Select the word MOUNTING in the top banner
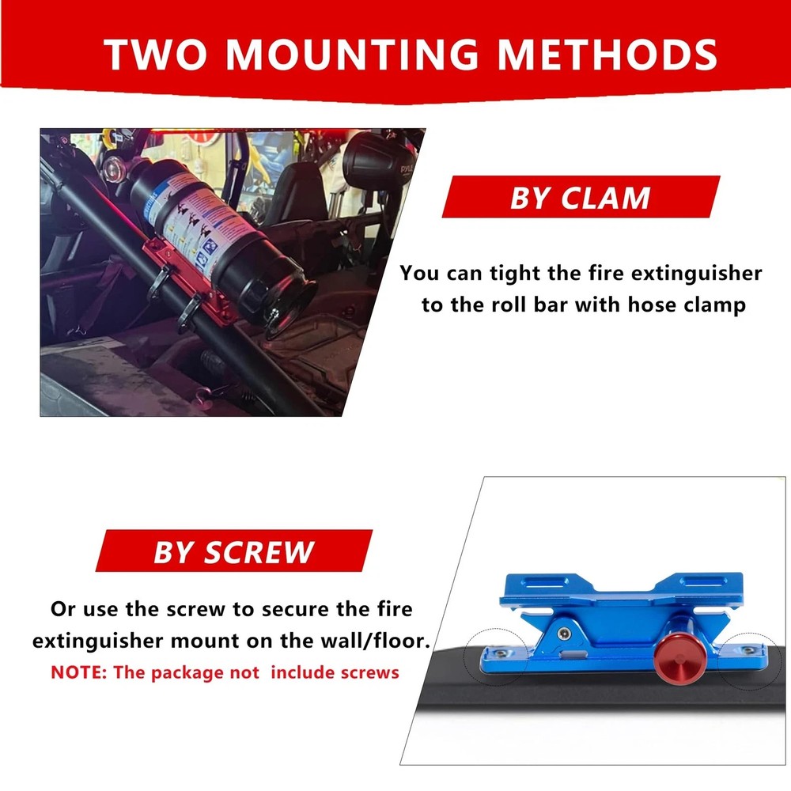pos(358,54)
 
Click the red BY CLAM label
pos(580,198)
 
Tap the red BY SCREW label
pos(233,551)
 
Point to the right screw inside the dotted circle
pos(747,650)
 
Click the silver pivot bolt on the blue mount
pos(562,634)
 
